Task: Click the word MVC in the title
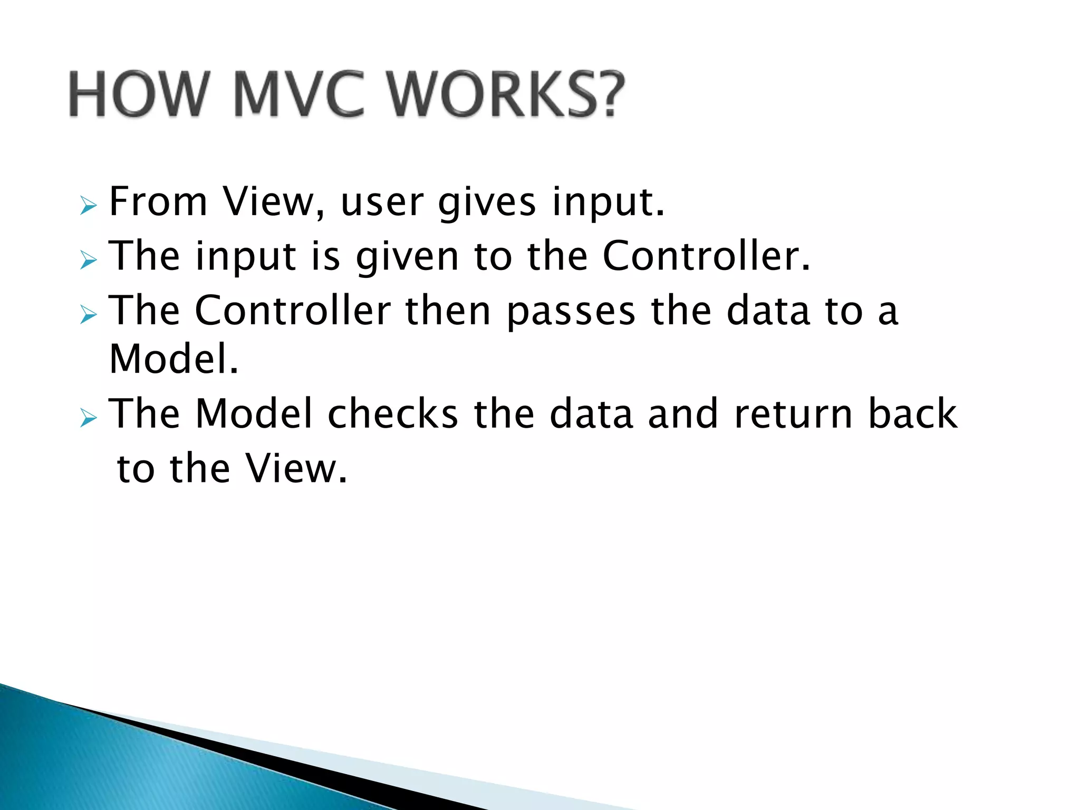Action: [298, 95]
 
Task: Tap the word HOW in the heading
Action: [137, 95]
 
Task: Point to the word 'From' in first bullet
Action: [158, 202]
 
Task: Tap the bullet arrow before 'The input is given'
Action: [89, 260]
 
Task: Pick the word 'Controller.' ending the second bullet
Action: [706, 256]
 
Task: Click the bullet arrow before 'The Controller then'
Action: [89, 315]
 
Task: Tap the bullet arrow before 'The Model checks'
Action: [89, 419]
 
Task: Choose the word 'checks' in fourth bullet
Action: [393, 414]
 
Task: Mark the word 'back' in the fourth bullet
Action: [912, 414]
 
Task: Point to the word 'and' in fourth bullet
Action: [683, 414]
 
